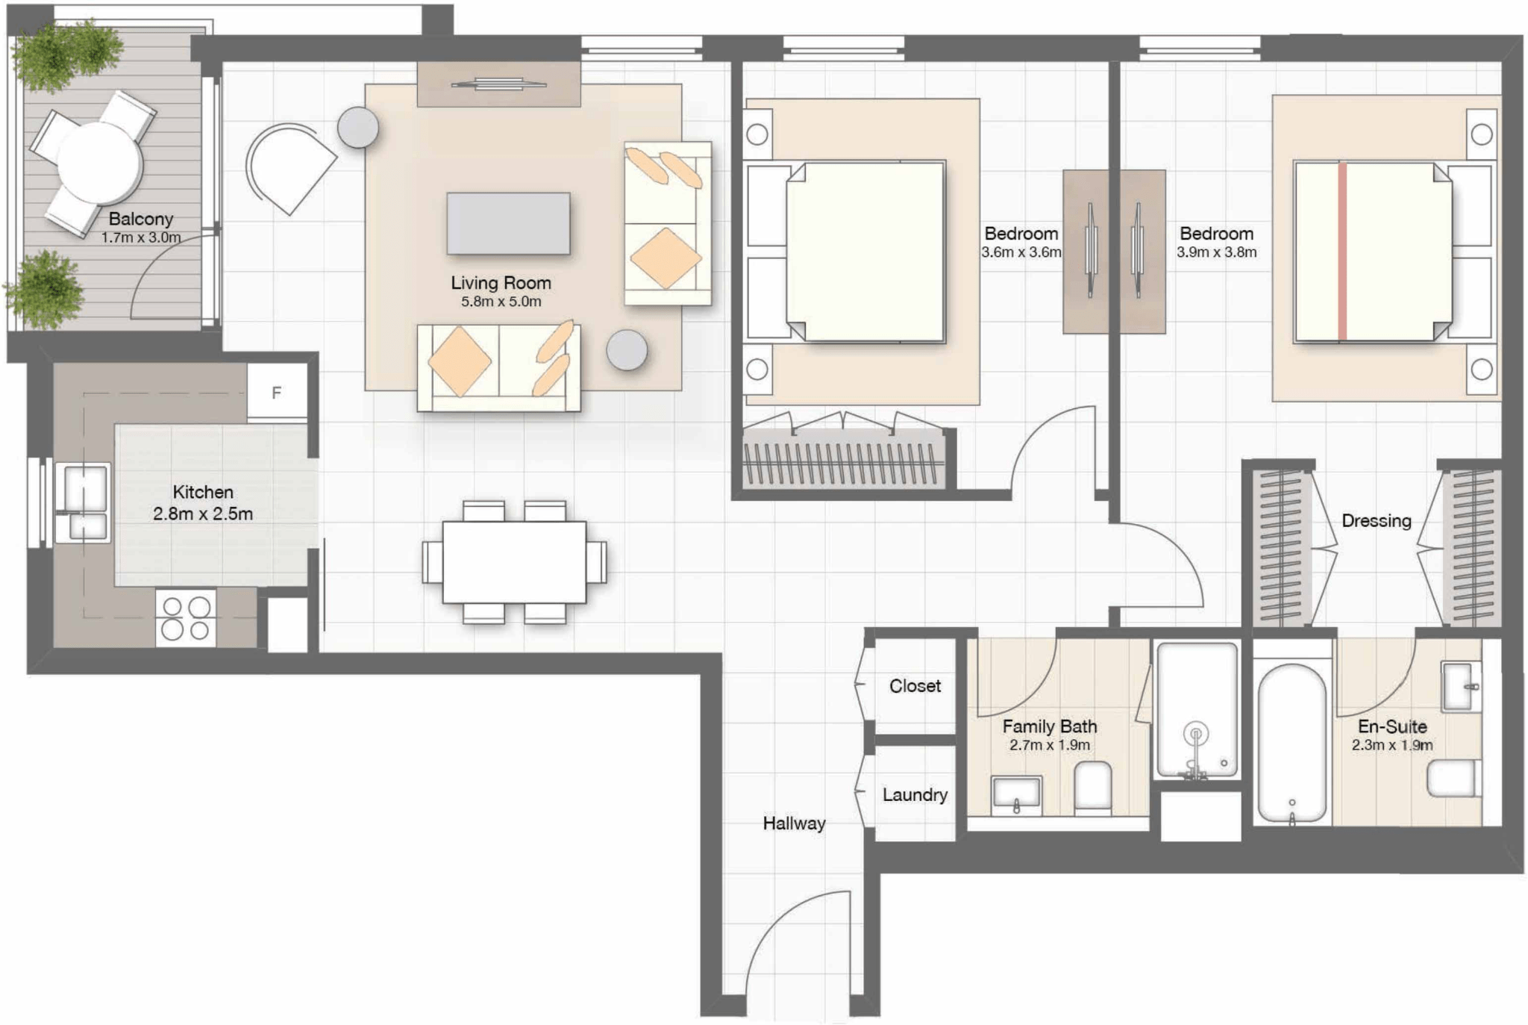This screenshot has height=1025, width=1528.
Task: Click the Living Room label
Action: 501,283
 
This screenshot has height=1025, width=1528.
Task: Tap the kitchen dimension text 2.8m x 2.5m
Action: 203,514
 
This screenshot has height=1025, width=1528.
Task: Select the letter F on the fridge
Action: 277,393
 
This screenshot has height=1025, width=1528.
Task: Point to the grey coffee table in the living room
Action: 508,223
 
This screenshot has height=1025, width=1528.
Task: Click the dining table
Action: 514,561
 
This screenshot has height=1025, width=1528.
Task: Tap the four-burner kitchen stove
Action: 186,617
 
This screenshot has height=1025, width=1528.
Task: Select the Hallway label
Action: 794,823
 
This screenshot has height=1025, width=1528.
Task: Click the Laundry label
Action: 915,795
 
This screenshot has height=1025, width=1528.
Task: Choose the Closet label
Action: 915,686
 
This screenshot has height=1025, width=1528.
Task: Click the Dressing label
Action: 1377,521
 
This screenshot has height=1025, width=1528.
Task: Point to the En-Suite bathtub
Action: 1292,743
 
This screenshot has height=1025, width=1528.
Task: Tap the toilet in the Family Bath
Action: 1093,786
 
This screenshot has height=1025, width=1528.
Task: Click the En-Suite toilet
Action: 1453,778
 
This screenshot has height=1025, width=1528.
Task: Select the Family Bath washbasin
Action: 1016,796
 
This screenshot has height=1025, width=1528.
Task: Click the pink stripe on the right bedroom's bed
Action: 1342,252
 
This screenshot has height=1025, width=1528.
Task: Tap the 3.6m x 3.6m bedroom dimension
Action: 1021,252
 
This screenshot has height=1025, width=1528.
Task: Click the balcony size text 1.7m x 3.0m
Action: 141,237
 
